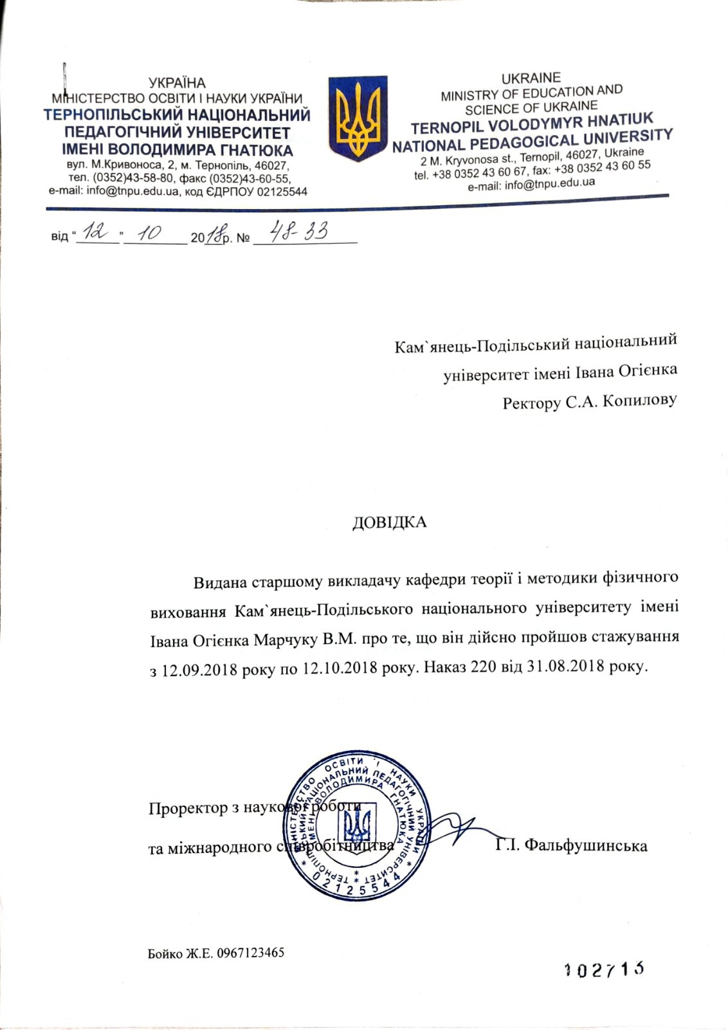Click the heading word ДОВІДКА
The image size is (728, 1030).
tap(389, 521)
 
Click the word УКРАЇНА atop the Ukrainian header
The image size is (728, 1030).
tap(177, 83)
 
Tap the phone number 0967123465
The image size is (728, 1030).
tap(251, 953)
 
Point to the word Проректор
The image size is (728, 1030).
tap(187, 807)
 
